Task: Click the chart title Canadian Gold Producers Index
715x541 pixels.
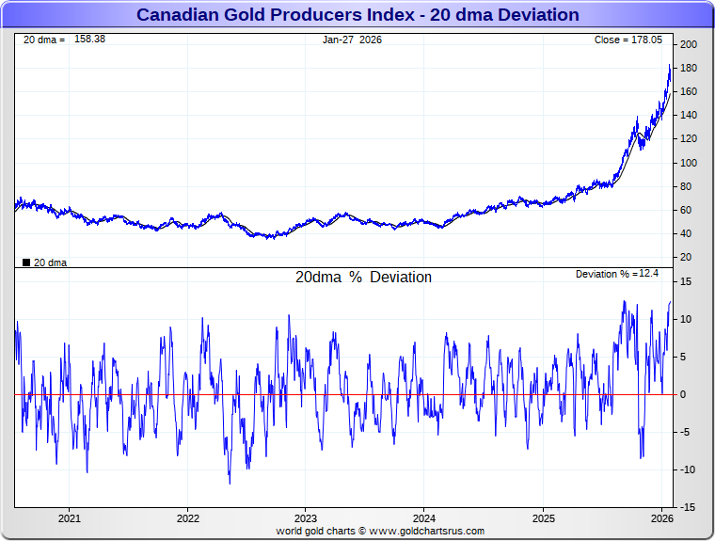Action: point(357,15)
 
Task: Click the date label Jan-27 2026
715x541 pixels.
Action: point(353,40)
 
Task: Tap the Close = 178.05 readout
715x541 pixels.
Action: point(628,40)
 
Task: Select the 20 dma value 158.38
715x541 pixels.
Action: point(89,40)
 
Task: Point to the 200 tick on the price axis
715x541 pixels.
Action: point(689,45)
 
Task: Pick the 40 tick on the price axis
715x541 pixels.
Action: point(687,233)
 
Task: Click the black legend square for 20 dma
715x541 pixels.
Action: point(26,263)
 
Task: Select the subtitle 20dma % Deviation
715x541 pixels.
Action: point(363,278)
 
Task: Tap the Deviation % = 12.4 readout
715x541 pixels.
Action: point(616,274)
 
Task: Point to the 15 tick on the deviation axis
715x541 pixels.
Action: point(687,281)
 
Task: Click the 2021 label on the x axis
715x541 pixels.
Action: point(70,518)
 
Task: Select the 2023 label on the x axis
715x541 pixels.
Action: point(306,518)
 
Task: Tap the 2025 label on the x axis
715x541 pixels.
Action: point(543,518)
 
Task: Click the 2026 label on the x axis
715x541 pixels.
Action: point(661,518)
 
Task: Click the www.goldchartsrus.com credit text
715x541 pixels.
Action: point(426,531)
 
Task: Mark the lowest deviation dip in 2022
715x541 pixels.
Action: point(230,484)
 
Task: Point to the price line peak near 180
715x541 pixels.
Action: point(669,66)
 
